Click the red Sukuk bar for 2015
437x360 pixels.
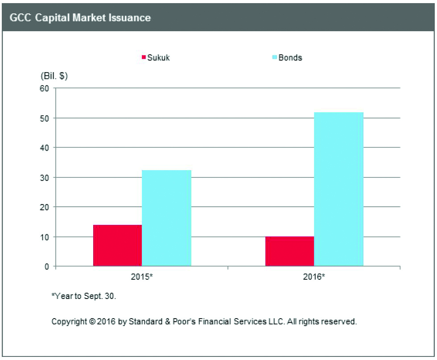point(117,245)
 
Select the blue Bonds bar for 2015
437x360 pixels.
point(166,218)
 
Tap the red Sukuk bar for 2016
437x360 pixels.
point(289,251)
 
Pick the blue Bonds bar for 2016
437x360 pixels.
point(338,189)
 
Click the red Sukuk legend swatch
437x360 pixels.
point(144,57)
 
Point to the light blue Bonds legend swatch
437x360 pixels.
point(275,57)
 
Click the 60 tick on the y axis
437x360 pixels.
point(44,88)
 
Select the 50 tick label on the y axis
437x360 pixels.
point(44,118)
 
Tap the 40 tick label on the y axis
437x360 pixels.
point(44,147)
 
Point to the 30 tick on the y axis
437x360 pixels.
point(44,177)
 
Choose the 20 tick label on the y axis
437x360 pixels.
point(44,207)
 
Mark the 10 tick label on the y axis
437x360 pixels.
point(44,237)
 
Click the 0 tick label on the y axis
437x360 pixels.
point(46,266)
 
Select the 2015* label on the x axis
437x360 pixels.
point(142,277)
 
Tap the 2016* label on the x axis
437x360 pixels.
point(314,277)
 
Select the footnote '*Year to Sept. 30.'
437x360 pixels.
point(84,297)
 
